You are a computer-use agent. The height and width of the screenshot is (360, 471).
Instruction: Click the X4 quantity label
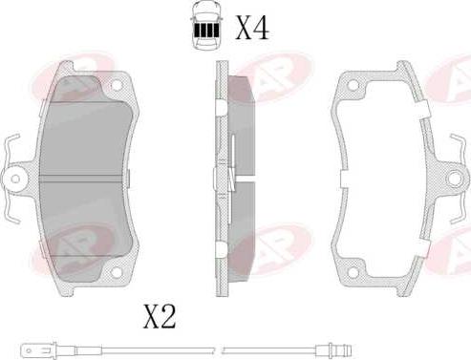click(252, 28)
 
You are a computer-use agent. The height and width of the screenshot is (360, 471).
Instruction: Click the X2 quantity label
click(160, 316)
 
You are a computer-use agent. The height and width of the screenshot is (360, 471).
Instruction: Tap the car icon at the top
click(206, 25)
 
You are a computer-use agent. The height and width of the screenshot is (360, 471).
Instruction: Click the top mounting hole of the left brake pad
click(117, 85)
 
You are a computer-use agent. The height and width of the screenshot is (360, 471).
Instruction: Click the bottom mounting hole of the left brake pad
click(117, 272)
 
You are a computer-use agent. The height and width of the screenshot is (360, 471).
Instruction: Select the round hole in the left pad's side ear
click(15, 179)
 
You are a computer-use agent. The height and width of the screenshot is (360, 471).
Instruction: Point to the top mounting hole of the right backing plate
click(353, 85)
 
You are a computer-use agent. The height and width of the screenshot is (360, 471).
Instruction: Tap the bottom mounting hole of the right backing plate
click(353, 272)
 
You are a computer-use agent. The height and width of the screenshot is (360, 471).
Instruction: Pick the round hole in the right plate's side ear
click(455, 178)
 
